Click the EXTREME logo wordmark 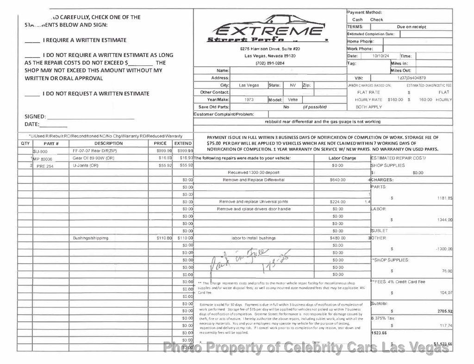click(x=270, y=31)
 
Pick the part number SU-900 click(x=40, y=151)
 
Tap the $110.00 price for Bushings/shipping click(x=163, y=238)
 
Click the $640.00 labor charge click(x=337, y=180)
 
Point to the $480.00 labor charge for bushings click(x=337, y=238)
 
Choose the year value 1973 click(x=249, y=100)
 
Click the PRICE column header click(x=160, y=144)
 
